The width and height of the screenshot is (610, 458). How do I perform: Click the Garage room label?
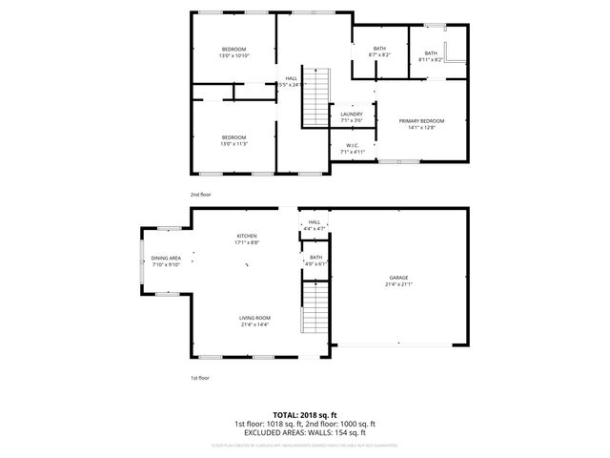click(x=398, y=276)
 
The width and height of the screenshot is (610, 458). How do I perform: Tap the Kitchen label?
click(x=248, y=236)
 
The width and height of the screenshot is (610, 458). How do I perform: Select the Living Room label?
click(x=255, y=318)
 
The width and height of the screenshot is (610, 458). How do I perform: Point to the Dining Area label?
click(x=166, y=259)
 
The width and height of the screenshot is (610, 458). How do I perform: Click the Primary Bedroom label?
click(x=420, y=121)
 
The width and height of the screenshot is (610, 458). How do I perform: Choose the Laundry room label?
click(x=352, y=114)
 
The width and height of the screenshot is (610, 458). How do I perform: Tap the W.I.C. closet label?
click(x=352, y=146)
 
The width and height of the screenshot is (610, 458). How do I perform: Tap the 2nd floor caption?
click(x=200, y=194)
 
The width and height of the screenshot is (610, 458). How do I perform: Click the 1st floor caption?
click(x=200, y=378)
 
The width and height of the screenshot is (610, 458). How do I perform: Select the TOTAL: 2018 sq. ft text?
click(x=305, y=415)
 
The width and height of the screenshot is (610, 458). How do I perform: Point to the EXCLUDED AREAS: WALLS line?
click(x=305, y=432)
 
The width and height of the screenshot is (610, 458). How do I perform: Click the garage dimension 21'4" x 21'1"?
click(x=398, y=283)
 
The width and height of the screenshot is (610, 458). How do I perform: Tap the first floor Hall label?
click(x=315, y=222)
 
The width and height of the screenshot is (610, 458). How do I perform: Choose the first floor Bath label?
click(x=315, y=257)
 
